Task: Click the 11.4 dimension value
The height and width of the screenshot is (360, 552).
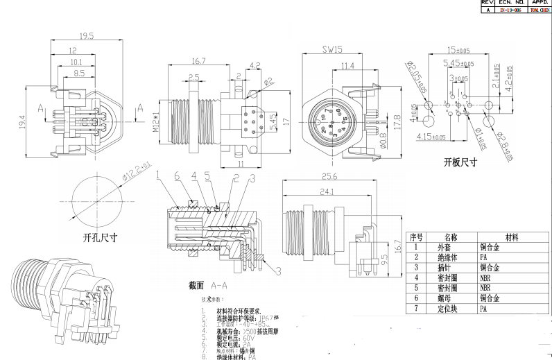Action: tap(347, 66)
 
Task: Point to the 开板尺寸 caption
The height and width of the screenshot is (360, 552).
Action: tap(460, 163)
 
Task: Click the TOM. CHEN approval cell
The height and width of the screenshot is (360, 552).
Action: tap(538, 11)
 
